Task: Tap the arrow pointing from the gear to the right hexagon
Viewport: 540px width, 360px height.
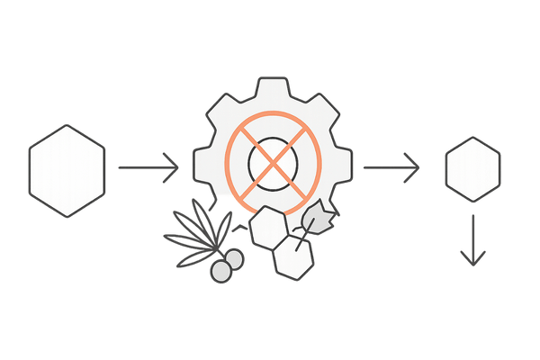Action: click(x=391, y=166)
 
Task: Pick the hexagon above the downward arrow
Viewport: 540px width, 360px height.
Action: click(x=472, y=169)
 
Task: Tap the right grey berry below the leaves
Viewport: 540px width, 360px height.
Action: click(x=234, y=260)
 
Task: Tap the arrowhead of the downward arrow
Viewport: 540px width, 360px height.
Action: click(x=472, y=258)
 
